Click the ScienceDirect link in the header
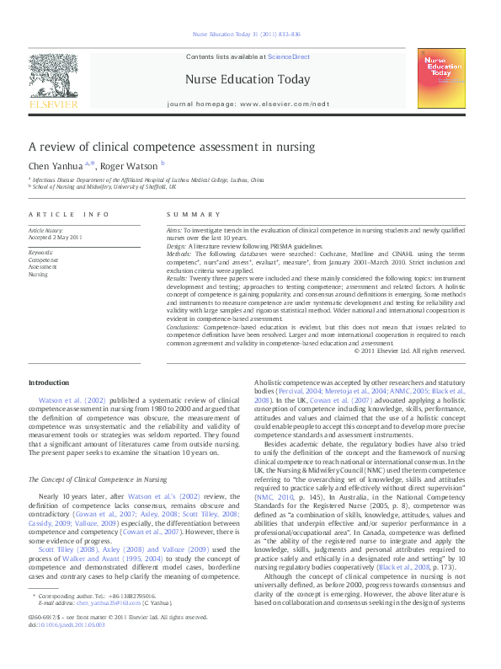click(289, 56)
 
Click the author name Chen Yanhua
click(55, 166)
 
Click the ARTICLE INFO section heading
click(69, 215)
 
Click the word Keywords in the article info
click(41, 253)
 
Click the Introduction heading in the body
click(49, 383)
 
